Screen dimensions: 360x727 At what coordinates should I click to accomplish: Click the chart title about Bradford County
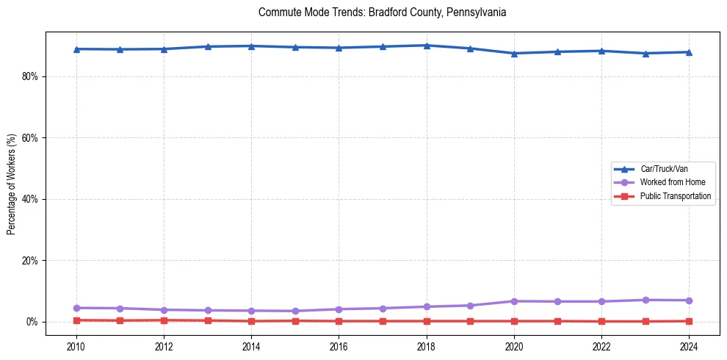pos(383,12)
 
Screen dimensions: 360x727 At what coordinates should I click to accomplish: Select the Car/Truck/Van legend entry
pos(663,169)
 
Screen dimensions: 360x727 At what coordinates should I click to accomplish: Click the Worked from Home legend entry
pos(672,182)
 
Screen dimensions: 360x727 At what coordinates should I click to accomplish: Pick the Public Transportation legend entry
pos(675,196)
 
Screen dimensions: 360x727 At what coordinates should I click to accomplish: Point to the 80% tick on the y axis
pos(29,76)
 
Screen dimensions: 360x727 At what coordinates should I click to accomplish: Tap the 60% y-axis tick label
pos(29,138)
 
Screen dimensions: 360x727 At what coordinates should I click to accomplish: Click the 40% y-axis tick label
pos(29,199)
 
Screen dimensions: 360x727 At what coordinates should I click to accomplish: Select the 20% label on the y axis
pos(29,261)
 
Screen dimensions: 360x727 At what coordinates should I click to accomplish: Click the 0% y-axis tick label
pos(31,322)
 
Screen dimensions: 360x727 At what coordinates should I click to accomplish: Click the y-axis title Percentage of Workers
pos(12,184)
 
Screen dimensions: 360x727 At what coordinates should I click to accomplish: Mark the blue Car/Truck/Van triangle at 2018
pos(427,46)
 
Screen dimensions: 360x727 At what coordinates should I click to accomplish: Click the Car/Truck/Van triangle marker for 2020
pos(514,54)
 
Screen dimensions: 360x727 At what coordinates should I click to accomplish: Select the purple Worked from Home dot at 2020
pos(514,301)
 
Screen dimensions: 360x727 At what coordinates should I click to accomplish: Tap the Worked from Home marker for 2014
pos(251,311)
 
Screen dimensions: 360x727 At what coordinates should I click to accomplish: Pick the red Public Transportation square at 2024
pos(689,321)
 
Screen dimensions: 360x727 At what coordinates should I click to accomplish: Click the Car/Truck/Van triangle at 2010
pos(76,49)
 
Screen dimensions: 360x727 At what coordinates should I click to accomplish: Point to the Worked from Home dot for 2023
pos(645,300)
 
